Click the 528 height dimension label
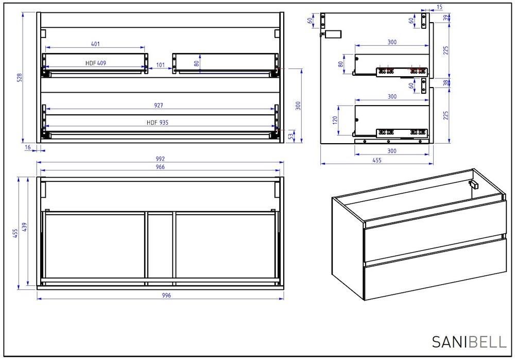[20, 78]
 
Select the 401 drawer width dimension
[95, 44]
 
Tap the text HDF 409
[96, 63]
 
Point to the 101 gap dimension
[160, 65]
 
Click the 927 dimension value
[159, 106]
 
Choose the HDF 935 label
[158, 123]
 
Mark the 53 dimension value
[290, 136]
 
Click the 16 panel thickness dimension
[28, 147]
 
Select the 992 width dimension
[160, 159]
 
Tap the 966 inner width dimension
[160, 167]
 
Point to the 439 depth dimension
[24, 227]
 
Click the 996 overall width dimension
[166, 295]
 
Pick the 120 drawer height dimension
[335, 120]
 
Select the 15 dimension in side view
[440, 7]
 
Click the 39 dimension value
[445, 18]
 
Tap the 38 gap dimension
[445, 83]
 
